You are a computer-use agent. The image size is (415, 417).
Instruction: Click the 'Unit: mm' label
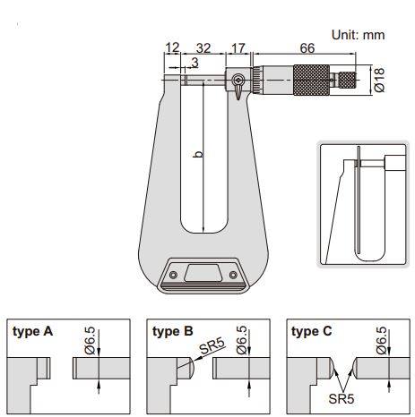point(358,35)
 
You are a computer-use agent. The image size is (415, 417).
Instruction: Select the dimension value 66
point(307,48)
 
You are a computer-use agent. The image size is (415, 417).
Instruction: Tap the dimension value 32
point(203,48)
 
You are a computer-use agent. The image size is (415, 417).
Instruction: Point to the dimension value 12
point(172,47)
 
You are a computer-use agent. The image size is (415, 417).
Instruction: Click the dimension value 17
point(238,48)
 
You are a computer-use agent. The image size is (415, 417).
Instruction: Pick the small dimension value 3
point(195,63)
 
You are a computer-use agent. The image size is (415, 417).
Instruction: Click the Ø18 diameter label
point(379,80)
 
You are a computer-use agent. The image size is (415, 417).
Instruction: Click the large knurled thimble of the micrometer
point(311,80)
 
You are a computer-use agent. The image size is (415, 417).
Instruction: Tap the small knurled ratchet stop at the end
point(347,80)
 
